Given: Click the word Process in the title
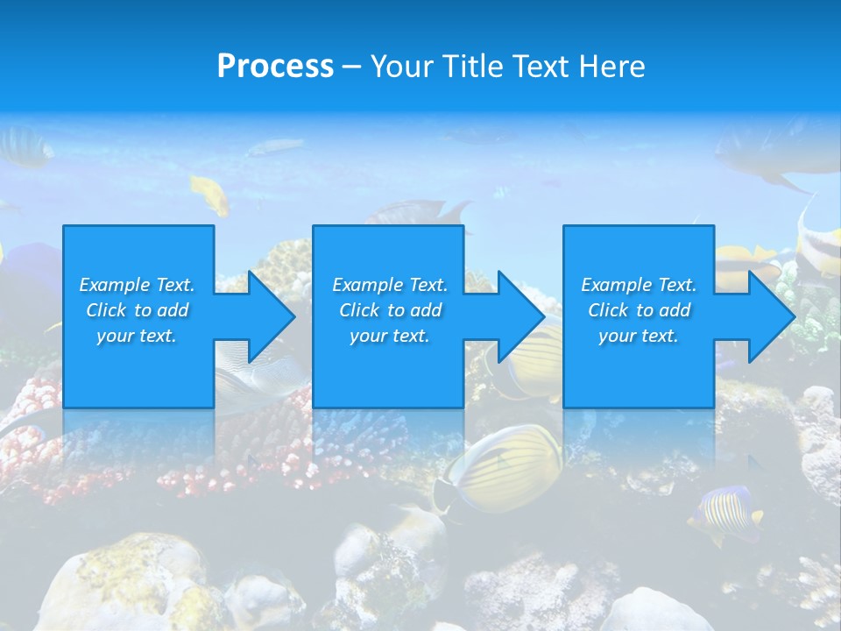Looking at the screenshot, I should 275,67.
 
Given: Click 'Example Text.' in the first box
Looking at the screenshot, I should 137,285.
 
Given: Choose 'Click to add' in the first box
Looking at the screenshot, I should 137,310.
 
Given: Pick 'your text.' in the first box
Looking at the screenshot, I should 137,336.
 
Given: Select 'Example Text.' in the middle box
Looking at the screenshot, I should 390,285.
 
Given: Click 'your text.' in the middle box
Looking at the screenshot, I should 390,336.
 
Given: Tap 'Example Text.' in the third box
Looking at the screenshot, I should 639,285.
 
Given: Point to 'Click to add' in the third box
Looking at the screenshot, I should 639,310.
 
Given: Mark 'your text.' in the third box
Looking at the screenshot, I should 639,336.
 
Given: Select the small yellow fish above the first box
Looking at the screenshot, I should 210,193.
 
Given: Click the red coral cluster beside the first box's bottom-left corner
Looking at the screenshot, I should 35,403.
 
